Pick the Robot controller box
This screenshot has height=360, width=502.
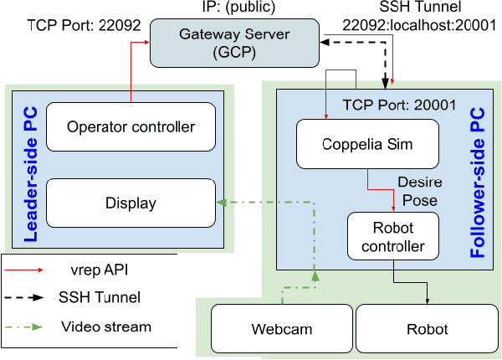(x=392, y=236)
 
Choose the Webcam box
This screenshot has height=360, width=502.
(x=280, y=328)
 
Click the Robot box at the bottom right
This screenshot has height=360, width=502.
(x=428, y=328)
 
